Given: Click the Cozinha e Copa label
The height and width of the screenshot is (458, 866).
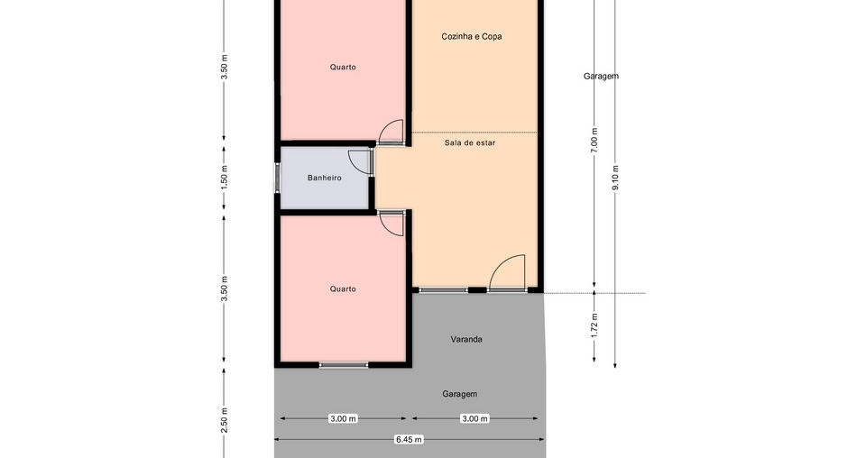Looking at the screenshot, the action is [472, 36].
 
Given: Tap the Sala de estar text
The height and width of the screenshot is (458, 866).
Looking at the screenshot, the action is [470, 142].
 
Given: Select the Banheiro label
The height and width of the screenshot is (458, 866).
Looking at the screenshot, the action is [324, 178].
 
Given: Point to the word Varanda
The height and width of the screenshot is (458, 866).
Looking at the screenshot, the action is [466, 339].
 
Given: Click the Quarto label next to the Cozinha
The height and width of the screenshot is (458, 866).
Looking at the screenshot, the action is [343, 67].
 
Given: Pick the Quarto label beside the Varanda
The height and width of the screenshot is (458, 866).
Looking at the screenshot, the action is [343, 289].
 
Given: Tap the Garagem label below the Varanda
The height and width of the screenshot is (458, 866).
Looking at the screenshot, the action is [459, 394].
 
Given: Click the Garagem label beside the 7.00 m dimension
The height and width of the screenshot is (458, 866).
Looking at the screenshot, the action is [601, 76].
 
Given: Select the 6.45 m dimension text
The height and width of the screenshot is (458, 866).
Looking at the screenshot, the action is [409, 440].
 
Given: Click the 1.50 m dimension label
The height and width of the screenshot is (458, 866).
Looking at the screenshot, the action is [224, 179].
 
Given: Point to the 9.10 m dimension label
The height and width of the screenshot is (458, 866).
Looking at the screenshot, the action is [615, 178].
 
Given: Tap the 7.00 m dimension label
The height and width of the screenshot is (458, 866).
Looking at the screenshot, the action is [594, 140].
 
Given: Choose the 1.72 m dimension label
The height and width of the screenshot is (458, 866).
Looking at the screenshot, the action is [594, 325].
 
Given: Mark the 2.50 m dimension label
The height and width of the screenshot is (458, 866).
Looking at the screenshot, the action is [224, 420].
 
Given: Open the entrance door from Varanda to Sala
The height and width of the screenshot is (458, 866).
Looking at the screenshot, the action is [507, 272].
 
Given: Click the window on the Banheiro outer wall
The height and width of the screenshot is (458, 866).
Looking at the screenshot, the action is [277, 178].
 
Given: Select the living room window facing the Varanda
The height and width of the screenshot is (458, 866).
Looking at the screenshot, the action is [444, 289].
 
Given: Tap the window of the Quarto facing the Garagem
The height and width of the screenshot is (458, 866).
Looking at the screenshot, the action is [344, 365].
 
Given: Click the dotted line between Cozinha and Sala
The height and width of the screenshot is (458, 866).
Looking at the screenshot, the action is [475, 133].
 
